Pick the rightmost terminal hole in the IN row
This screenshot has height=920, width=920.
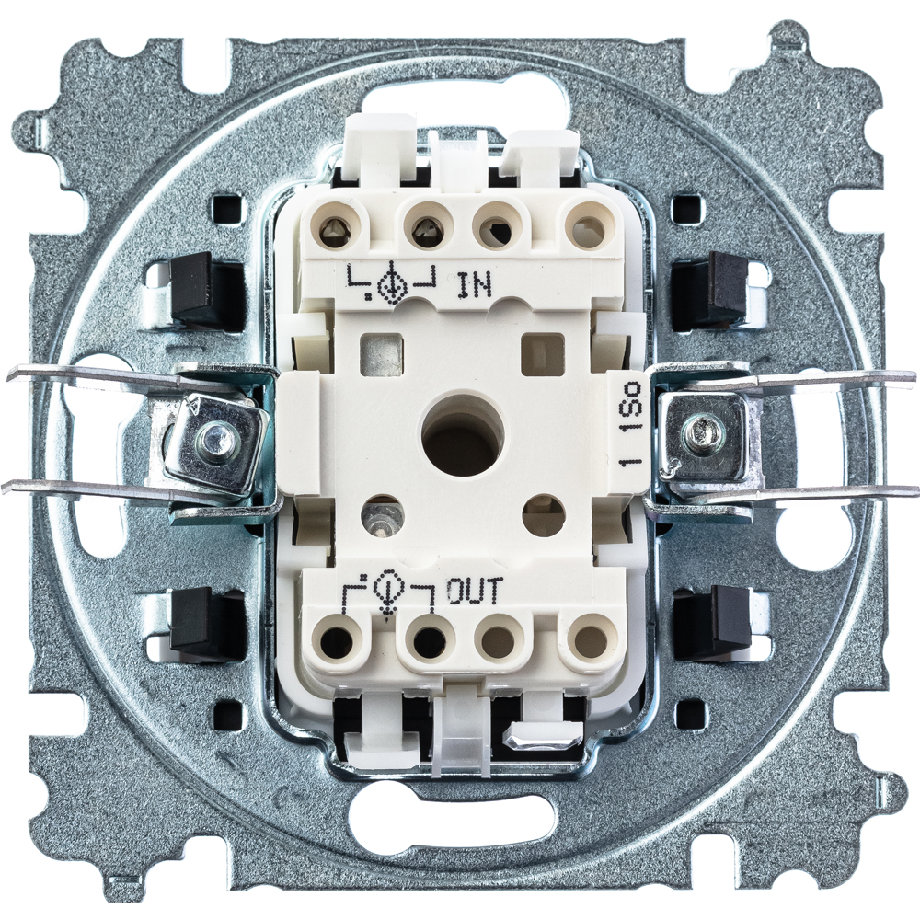coord(584,225)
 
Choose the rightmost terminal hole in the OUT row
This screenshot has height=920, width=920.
coord(587,638)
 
